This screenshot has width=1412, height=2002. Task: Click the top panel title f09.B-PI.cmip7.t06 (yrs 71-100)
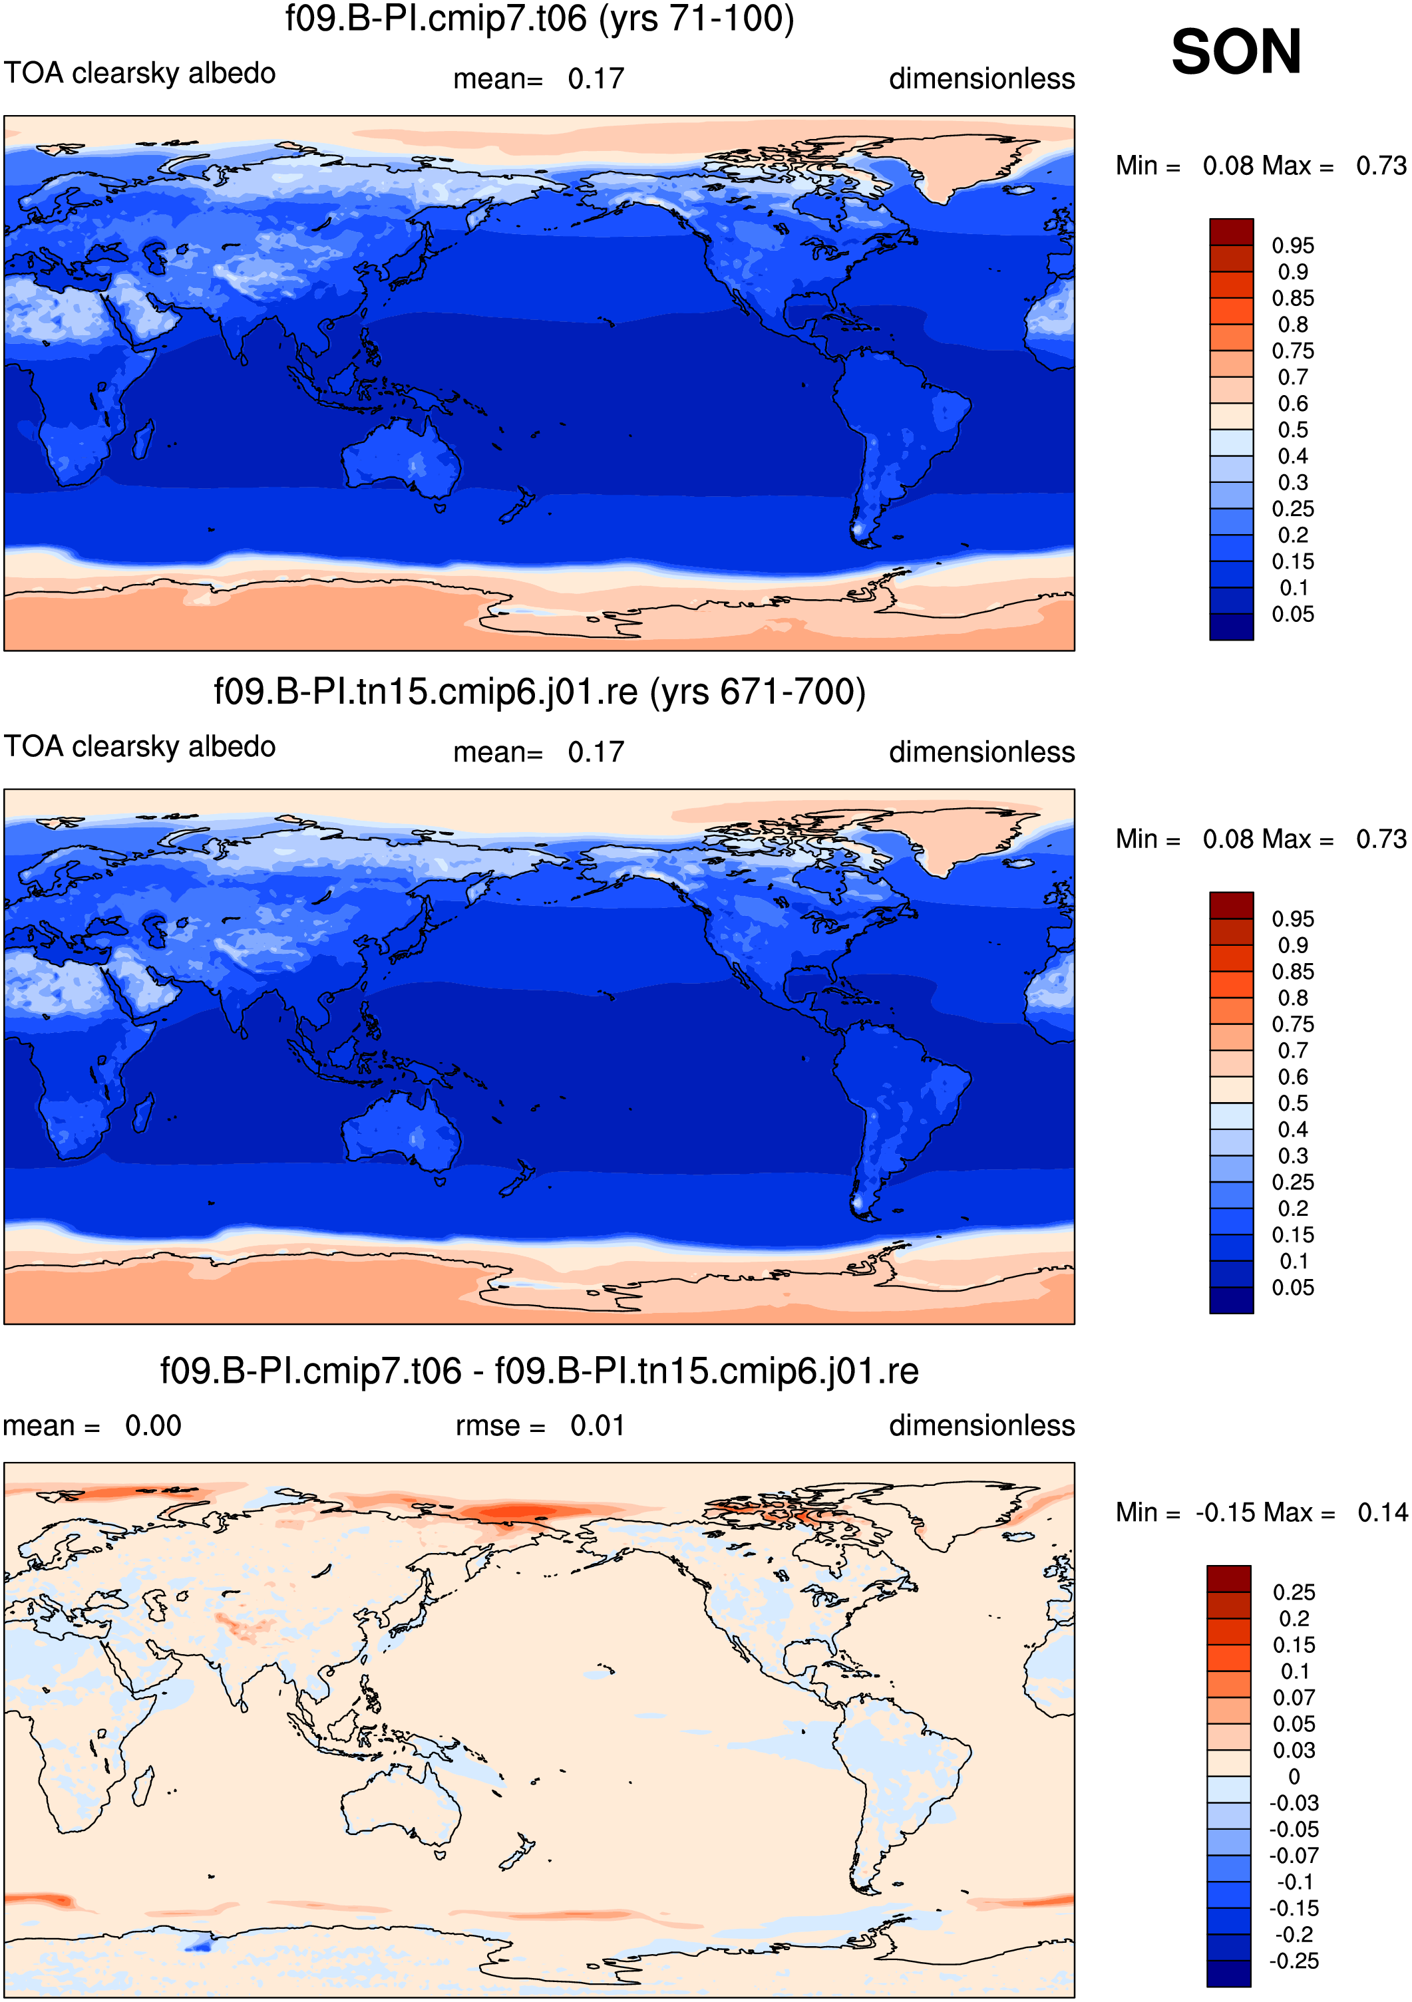(540, 19)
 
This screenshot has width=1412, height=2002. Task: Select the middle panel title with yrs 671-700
(540, 692)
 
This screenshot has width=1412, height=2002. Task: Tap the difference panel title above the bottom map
(539, 1371)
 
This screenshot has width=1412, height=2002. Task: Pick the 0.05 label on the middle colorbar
(1292, 1288)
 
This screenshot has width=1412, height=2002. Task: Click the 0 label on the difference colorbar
(1294, 1777)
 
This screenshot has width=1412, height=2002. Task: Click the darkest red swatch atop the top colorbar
(1232, 232)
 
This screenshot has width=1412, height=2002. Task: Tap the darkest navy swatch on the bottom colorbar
(1229, 1974)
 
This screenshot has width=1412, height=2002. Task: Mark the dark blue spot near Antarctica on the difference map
(200, 1944)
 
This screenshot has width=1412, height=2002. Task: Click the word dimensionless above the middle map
(982, 752)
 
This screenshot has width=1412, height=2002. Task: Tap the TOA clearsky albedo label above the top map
(140, 73)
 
